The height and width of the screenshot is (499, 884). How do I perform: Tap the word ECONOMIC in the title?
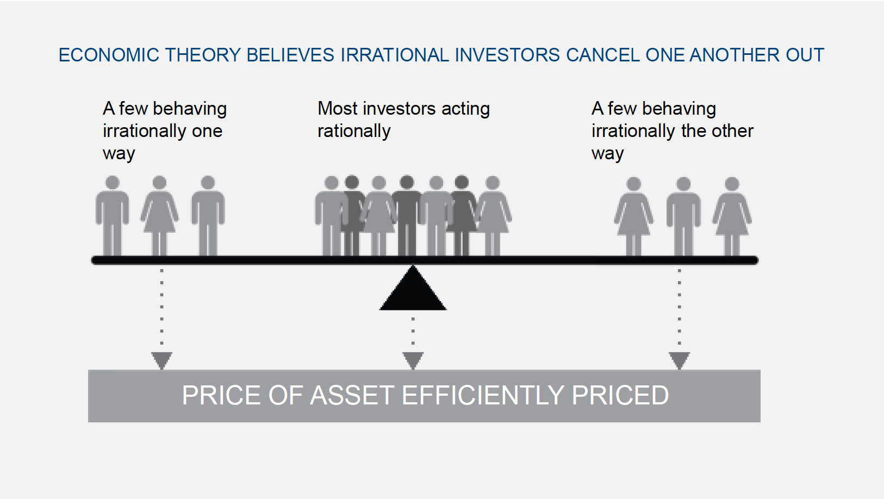tap(109, 55)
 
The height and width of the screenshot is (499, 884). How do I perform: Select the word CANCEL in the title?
tap(602, 55)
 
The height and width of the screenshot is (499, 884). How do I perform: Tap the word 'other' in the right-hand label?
tap(732, 130)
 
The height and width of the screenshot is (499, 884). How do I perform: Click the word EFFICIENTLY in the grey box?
tap(483, 395)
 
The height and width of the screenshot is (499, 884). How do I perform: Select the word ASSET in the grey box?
tap(352, 395)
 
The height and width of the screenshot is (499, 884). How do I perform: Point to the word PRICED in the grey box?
tap(620, 395)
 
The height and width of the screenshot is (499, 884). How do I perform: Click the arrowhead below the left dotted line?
tap(162, 360)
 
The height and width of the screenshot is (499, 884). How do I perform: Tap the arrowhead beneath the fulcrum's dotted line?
tap(413, 360)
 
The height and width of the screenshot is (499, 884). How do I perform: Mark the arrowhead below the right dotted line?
tap(679, 360)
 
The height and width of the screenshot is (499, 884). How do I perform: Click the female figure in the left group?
tap(159, 216)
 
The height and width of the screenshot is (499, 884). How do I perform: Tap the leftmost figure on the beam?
tap(113, 216)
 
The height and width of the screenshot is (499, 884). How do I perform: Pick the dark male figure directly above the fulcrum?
tap(407, 216)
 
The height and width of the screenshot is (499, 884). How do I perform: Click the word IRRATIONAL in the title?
tap(395, 55)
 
